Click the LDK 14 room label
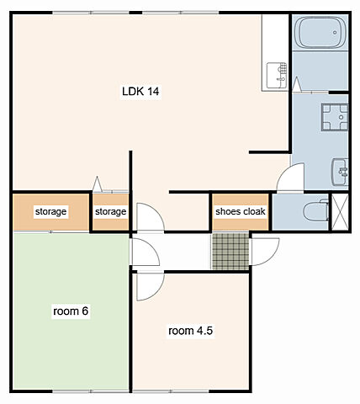(x=140, y=92)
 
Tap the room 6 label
(x=71, y=311)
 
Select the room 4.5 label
(x=190, y=331)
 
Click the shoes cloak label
(x=241, y=211)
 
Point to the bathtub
(x=320, y=33)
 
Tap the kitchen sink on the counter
(x=277, y=75)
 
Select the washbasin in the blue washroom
(x=340, y=172)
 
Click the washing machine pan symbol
(x=335, y=117)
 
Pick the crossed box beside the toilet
(x=340, y=212)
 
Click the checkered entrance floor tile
(x=230, y=251)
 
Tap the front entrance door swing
(x=265, y=252)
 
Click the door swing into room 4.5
(x=150, y=286)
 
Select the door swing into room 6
(x=145, y=252)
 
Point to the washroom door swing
(x=290, y=177)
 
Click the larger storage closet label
(x=50, y=211)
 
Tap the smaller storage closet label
(x=110, y=211)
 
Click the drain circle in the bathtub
(x=335, y=33)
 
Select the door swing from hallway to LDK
(x=150, y=217)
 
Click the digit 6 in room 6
(x=85, y=311)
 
